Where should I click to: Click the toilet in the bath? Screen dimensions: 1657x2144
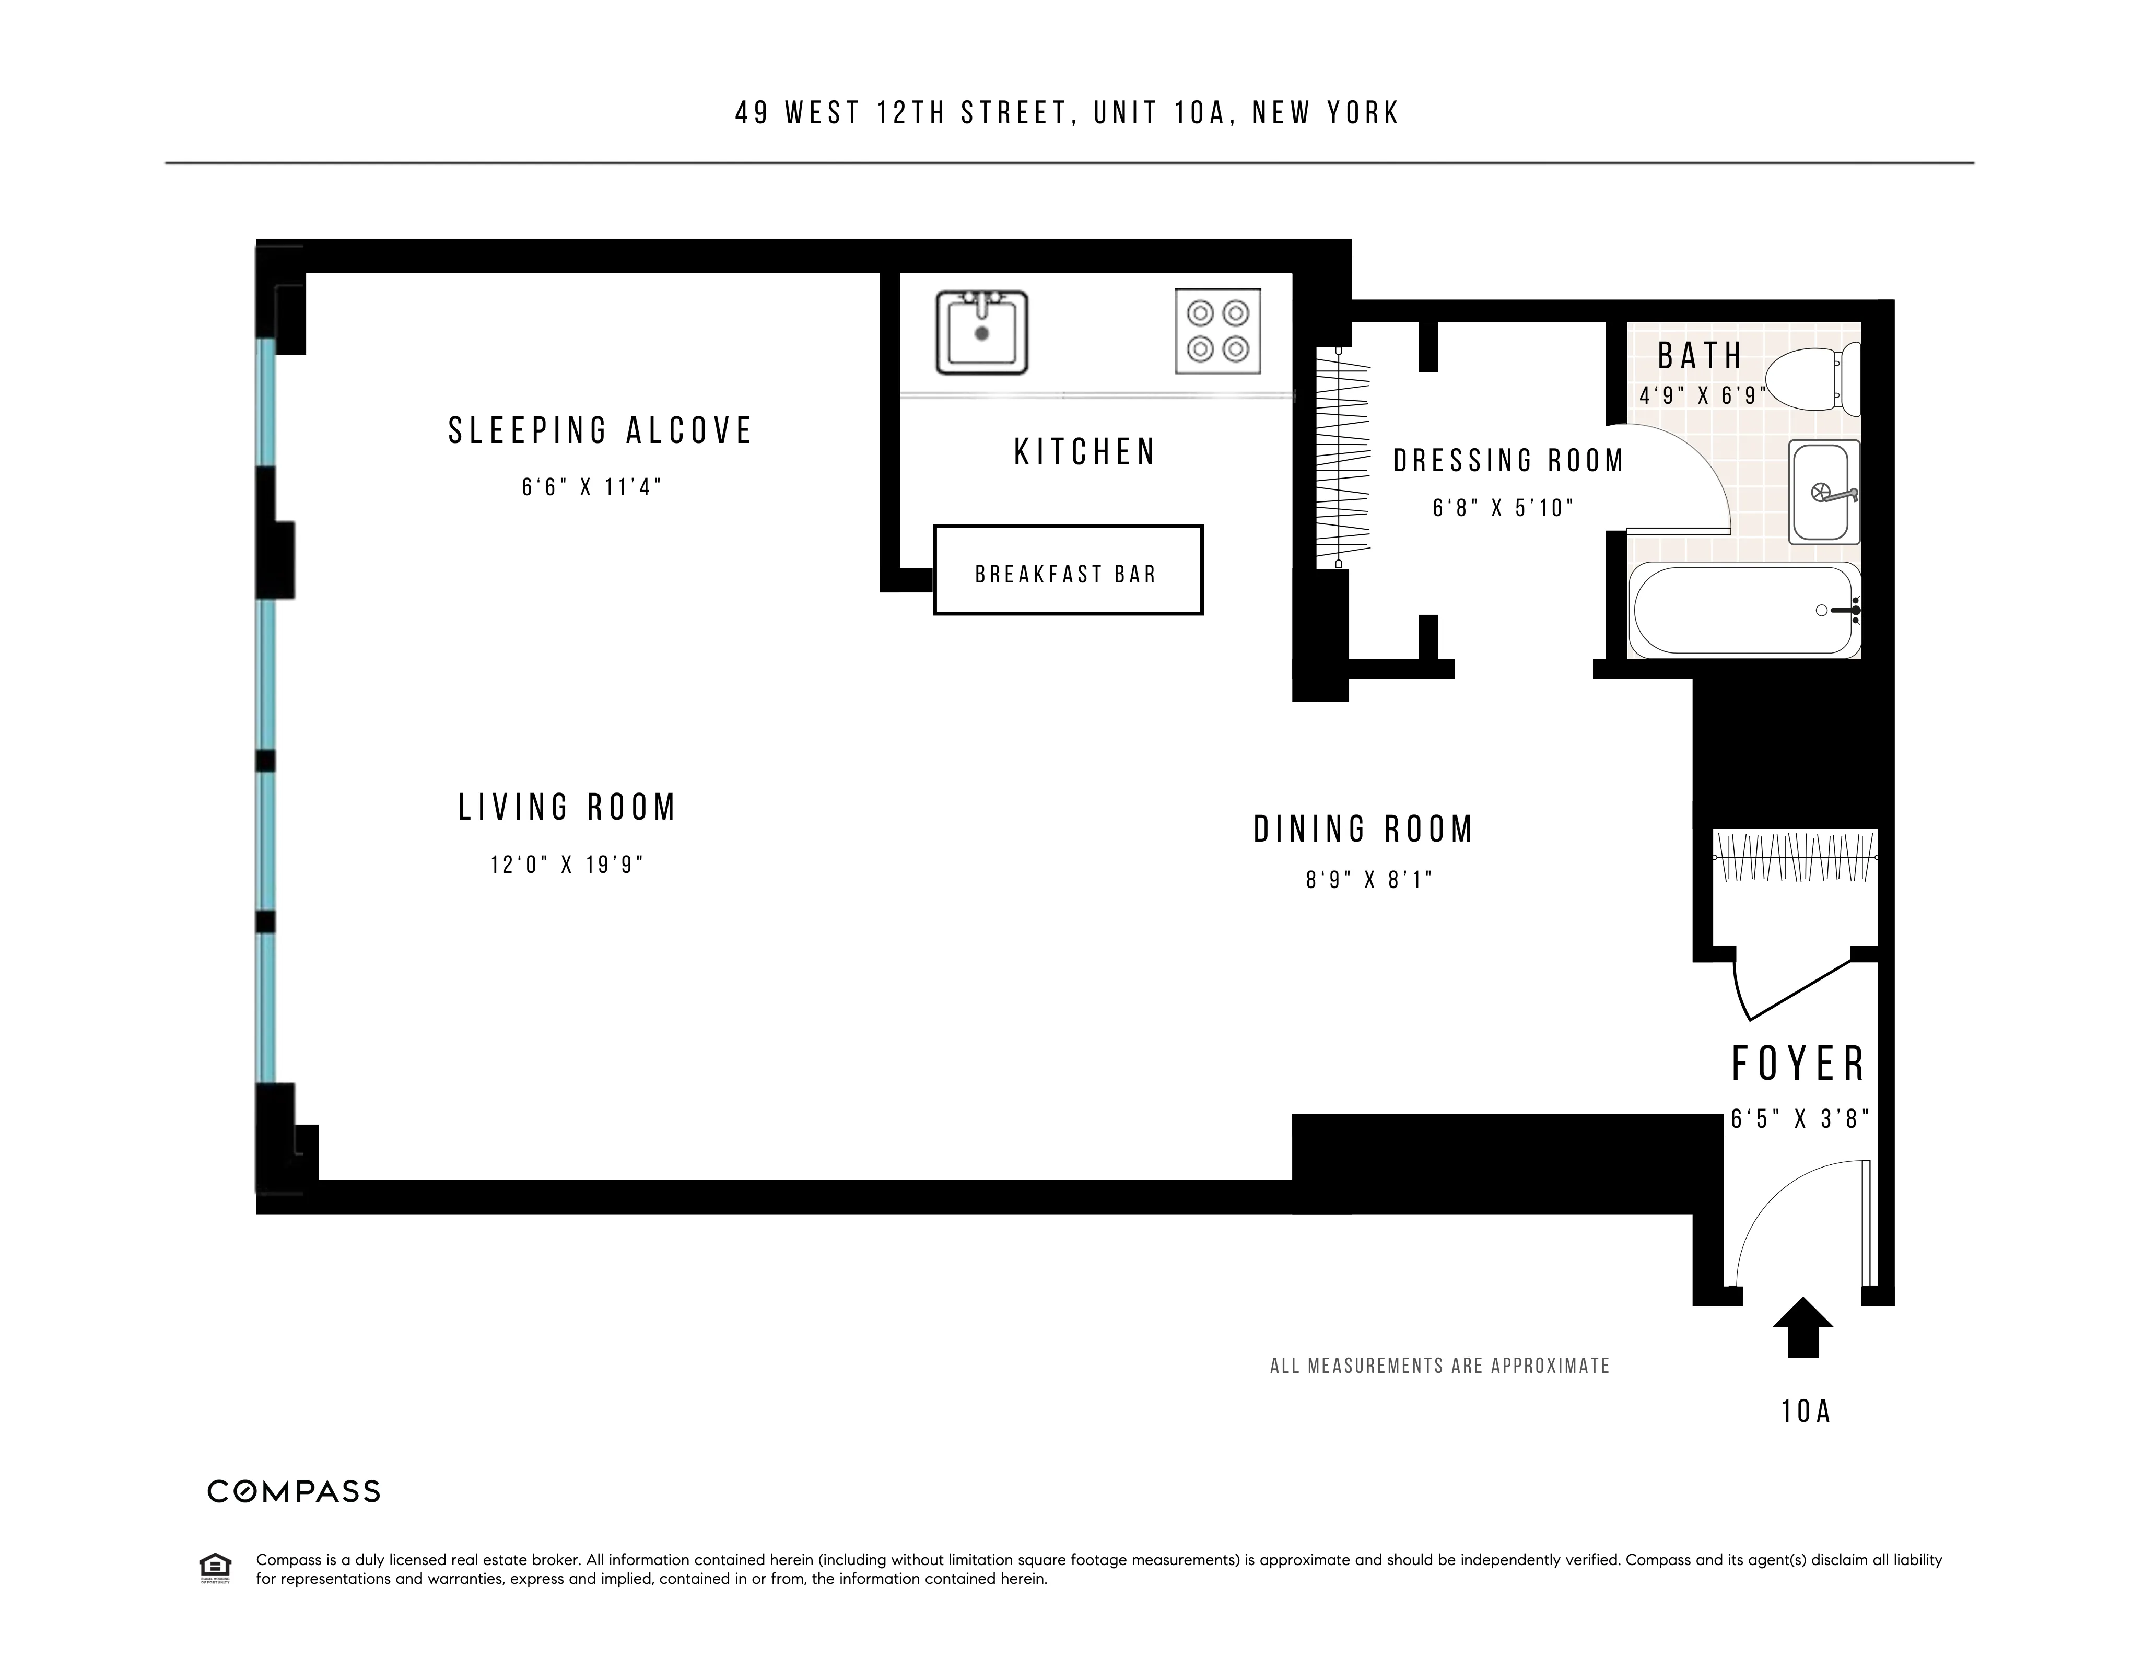coord(1811,378)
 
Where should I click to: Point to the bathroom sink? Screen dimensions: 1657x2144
coord(1824,492)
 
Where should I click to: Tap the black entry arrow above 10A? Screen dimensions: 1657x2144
coord(1802,1327)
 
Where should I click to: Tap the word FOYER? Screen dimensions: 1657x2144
coord(1798,1064)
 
